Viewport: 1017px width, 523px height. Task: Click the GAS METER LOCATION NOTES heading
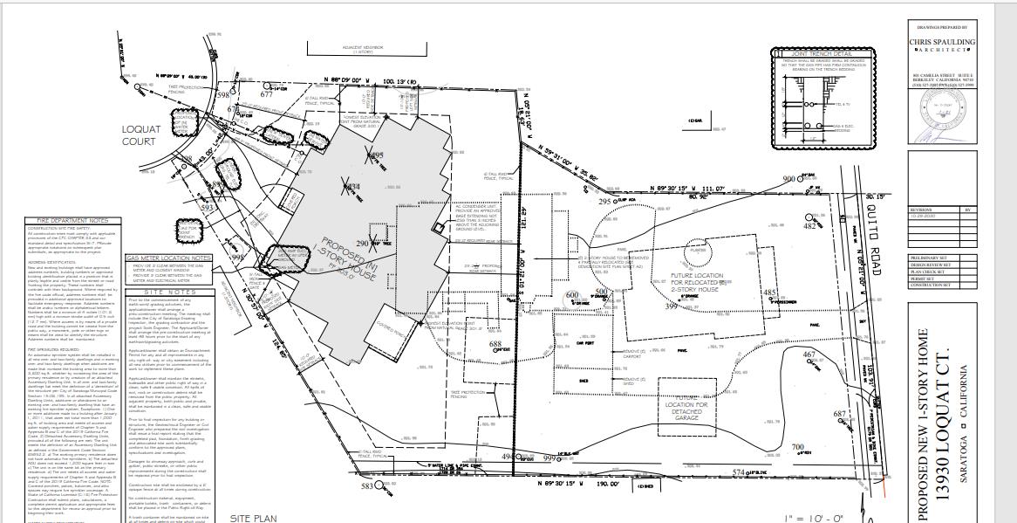coord(169,258)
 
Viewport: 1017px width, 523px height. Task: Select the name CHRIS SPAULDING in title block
coord(942,42)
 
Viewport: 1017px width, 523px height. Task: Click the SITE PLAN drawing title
coord(253,518)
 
